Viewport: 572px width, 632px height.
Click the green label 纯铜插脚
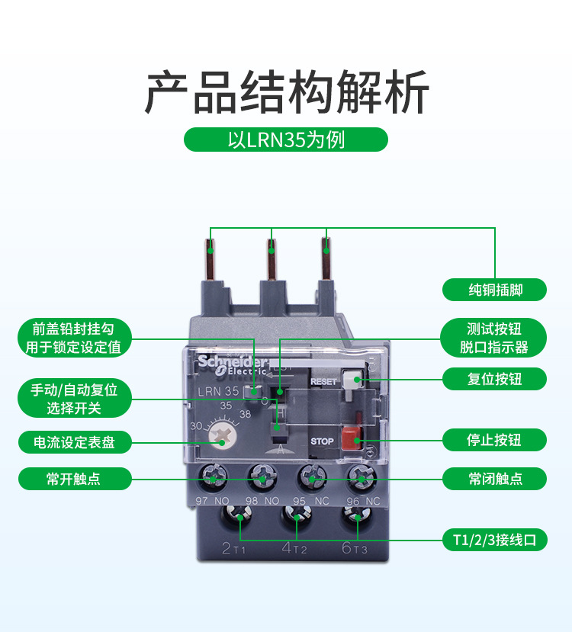coord(494,290)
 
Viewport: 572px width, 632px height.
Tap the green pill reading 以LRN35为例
coord(286,140)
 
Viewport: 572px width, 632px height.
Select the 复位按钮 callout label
coord(494,379)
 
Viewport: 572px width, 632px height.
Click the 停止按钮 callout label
coord(494,440)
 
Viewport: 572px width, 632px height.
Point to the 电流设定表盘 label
coord(75,442)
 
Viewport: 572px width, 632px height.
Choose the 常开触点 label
coord(75,479)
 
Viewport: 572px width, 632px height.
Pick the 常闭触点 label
coord(494,479)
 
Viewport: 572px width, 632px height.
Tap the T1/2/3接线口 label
coord(494,540)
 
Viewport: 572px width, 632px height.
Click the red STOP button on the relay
coord(352,438)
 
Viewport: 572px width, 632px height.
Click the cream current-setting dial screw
coord(221,436)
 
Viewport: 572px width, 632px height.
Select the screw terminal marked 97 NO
coord(213,478)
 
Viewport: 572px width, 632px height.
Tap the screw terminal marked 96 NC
coord(362,478)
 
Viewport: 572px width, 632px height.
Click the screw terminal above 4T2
coord(297,516)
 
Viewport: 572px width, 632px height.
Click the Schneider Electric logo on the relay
coord(232,364)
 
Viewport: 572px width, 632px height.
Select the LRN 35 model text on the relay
coord(218,391)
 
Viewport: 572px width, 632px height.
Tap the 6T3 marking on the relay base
coord(355,548)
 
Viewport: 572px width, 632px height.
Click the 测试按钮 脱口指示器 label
coord(493,338)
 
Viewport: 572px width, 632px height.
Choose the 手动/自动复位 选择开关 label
coord(75,398)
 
